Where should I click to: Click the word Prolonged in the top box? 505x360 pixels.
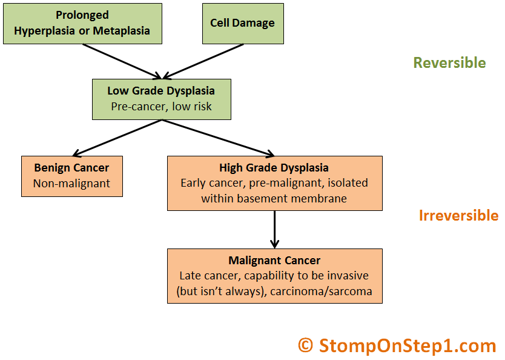(82, 15)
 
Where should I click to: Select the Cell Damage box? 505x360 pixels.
(243, 24)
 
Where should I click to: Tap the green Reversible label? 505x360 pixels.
(449, 62)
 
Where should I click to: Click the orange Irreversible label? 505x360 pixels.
(458, 215)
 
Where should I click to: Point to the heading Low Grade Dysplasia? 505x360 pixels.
(161, 91)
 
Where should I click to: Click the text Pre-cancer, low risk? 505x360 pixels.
(161, 106)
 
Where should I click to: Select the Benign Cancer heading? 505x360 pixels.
(71, 168)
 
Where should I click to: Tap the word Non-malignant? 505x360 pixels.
(71, 184)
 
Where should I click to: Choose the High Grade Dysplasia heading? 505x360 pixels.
(274, 168)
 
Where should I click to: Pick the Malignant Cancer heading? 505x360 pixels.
(274, 261)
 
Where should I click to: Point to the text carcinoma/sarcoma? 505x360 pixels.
(321, 292)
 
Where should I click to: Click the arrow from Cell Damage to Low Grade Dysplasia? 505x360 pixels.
(203, 62)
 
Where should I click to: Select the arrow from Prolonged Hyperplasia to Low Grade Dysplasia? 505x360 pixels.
(122, 62)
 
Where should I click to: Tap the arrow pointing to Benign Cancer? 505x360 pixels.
(117, 138)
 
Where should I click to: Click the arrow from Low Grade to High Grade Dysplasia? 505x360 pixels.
(218, 138)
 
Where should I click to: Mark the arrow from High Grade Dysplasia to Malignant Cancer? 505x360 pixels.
(274, 230)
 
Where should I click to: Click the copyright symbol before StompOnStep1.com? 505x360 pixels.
(305, 345)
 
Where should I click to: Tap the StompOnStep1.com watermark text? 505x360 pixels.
(407, 346)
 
